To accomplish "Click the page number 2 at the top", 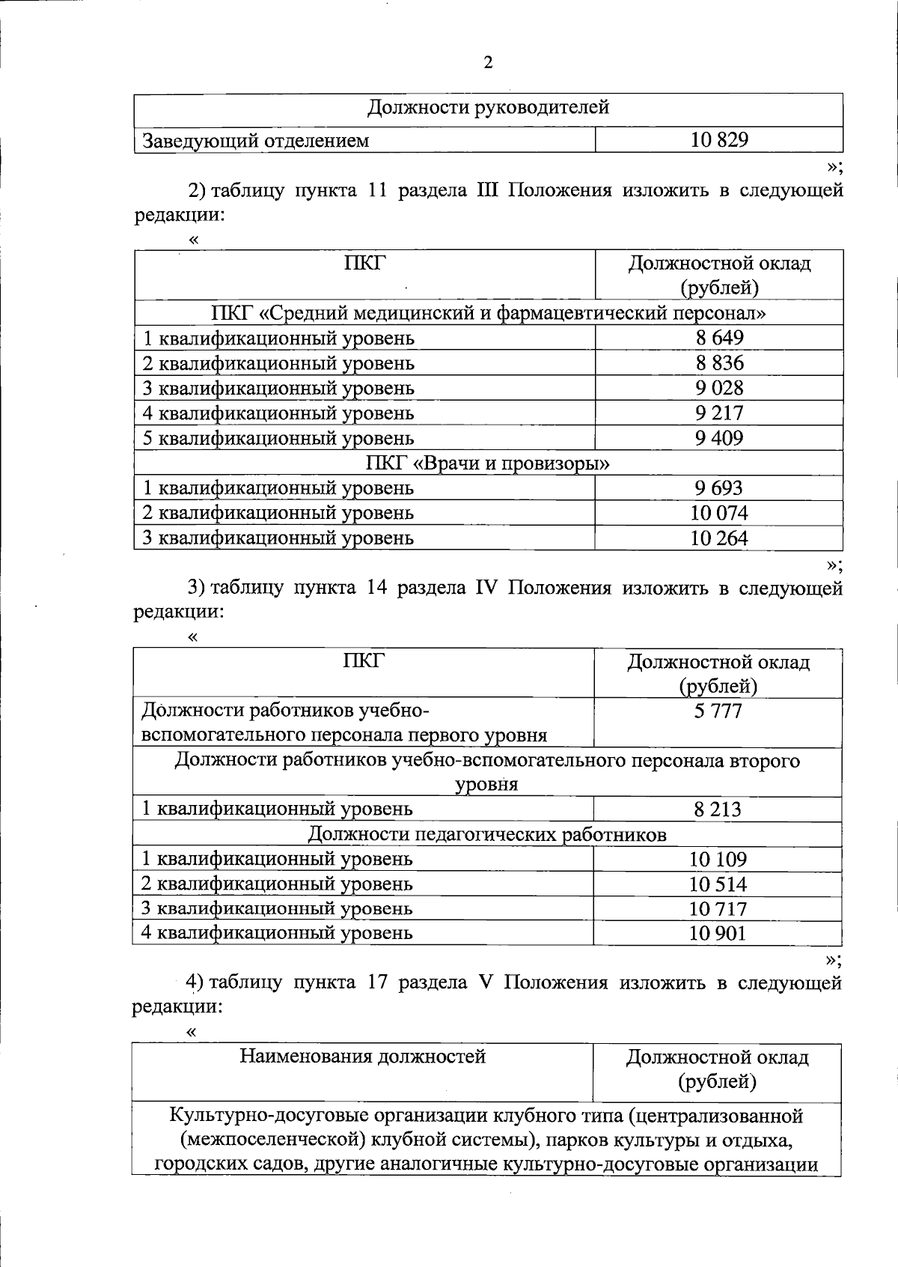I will [488, 63].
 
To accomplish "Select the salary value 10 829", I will [719, 140].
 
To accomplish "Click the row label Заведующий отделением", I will [256, 141].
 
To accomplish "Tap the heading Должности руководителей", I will [488, 108].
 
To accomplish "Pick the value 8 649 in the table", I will [719, 338].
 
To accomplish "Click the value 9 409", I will [719, 438].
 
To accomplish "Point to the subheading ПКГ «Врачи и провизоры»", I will [488, 464].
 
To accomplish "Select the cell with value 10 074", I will [719, 513].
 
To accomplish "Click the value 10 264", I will [719, 538].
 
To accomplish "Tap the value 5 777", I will [718, 711].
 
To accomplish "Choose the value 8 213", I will [718, 809].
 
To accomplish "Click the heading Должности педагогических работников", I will [487, 834].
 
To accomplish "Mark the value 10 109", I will [718, 860].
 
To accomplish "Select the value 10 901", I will [718, 933].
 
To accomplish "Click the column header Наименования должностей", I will [362, 1057].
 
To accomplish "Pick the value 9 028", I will [719, 388].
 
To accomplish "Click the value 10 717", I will [718, 909].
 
